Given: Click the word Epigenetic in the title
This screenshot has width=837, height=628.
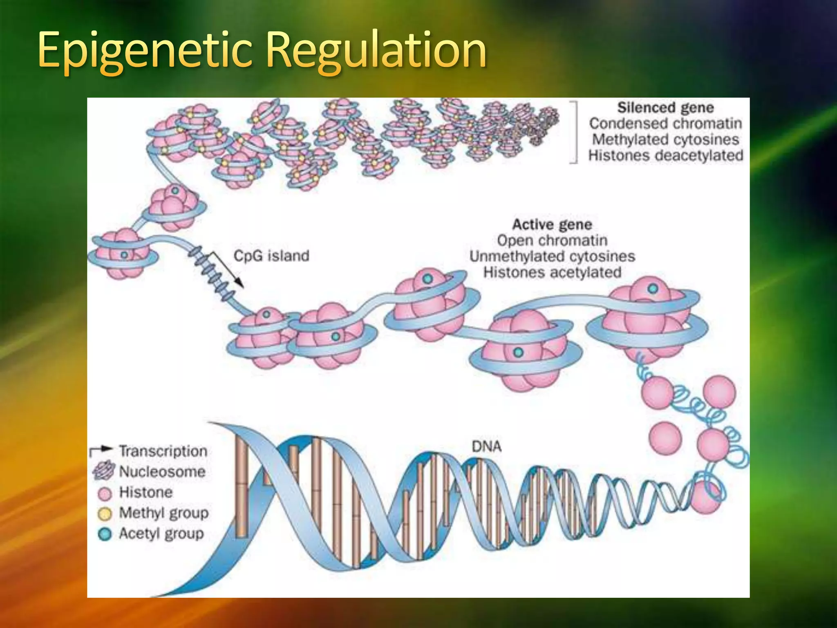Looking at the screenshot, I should (145, 51).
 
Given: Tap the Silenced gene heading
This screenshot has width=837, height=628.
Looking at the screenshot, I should (665, 108).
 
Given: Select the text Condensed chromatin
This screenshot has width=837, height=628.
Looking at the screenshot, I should (665, 123).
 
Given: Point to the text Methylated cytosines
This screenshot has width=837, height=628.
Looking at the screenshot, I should (665, 139).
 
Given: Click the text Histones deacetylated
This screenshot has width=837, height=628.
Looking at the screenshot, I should (665, 155).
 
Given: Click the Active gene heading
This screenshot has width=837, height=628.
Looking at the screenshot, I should (552, 224).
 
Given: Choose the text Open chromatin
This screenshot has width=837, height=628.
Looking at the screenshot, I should (552, 240).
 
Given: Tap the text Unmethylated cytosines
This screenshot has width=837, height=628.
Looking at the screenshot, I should (552, 256).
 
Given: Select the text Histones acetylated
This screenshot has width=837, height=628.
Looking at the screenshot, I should (552, 272).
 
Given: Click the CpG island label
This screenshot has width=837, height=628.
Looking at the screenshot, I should (271, 256).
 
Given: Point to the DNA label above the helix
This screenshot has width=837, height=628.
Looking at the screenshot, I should (486, 446).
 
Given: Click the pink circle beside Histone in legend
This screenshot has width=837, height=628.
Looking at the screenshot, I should (105, 493).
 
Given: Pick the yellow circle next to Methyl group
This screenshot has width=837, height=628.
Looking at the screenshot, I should (105, 514).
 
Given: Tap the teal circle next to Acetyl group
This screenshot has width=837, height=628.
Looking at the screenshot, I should (105, 534).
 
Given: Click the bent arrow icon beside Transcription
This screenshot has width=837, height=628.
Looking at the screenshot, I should (101, 451).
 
